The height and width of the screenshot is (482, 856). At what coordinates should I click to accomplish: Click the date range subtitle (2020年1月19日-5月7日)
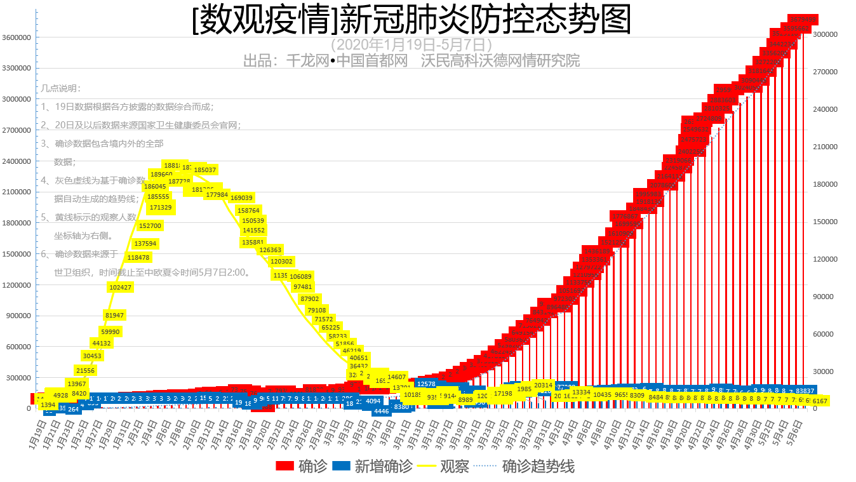[411, 44]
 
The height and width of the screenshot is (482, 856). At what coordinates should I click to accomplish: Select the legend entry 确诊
[302, 466]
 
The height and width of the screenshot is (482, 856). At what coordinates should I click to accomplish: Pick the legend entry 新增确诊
[372, 466]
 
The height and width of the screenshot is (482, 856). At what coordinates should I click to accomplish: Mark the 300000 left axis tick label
[18, 378]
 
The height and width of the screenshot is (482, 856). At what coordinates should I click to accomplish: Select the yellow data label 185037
[205, 170]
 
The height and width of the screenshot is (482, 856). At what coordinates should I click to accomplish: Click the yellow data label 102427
[121, 287]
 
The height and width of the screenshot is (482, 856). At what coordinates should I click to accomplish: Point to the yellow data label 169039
[242, 198]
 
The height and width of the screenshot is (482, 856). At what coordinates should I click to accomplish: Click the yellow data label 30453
[93, 356]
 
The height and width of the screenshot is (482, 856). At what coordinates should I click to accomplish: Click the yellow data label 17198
[503, 394]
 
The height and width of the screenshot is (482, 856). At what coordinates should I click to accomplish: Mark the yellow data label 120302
[281, 261]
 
